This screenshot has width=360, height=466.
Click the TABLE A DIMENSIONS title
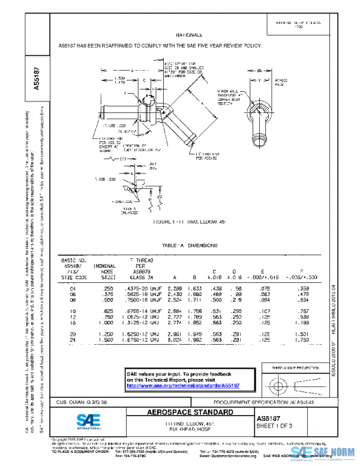188,245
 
